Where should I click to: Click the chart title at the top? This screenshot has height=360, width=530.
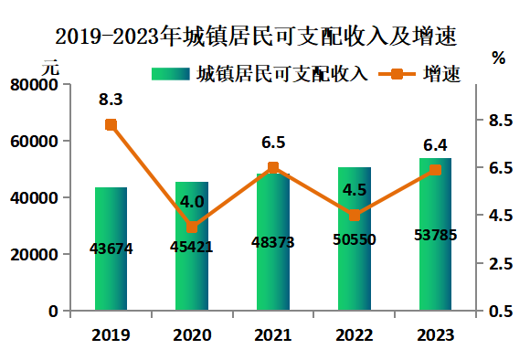click(256, 36)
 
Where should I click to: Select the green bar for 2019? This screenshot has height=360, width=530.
click(111, 249)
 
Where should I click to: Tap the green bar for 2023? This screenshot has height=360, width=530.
click(435, 234)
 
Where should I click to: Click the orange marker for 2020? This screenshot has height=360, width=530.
click(192, 228)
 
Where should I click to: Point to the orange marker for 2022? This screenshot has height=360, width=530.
click(355, 216)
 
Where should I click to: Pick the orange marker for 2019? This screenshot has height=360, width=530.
click(111, 125)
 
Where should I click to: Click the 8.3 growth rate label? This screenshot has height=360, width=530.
click(111, 100)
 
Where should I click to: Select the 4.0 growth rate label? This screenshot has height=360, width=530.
click(192, 202)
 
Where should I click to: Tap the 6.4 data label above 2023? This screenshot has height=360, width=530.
click(435, 145)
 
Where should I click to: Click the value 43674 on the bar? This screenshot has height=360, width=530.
click(111, 249)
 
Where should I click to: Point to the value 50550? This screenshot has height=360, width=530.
click(355, 239)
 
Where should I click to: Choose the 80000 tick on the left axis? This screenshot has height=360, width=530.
click(34, 84)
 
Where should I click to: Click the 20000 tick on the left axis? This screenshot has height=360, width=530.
click(34, 255)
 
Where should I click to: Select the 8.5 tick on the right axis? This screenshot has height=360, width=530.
click(501, 121)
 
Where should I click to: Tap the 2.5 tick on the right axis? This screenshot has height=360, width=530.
click(501, 263)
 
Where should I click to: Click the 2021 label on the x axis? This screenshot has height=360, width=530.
click(273, 335)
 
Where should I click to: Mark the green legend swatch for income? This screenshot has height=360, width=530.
click(171, 74)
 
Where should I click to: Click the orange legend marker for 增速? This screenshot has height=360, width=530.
click(397, 74)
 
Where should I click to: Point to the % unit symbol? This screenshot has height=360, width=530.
click(499, 58)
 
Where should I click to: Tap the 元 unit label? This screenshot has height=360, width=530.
click(50, 68)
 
